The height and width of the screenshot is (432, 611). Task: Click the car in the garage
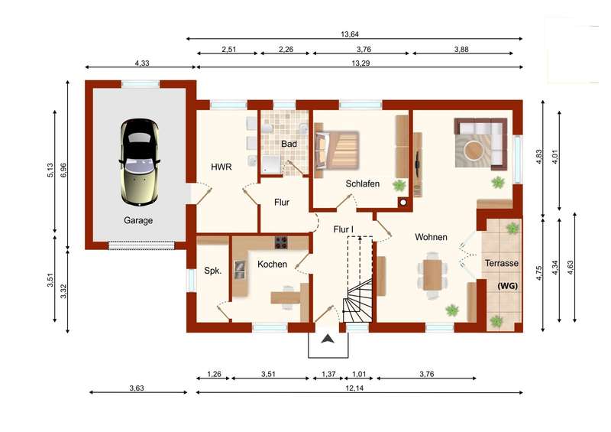click(x=140, y=162)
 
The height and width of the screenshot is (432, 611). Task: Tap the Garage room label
click(x=138, y=220)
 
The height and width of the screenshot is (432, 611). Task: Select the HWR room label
click(x=221, y=167)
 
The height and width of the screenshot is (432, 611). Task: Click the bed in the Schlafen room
click(x=337, y=150)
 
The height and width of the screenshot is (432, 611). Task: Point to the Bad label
click(x=289, y=144)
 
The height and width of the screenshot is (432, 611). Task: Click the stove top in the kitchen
click(x=281, y=242)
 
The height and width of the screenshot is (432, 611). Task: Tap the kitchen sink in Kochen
click(x=240, y=270)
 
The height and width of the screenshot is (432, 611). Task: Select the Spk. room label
click(x=213, y=271)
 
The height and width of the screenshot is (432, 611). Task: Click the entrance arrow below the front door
click(x=328, y=339)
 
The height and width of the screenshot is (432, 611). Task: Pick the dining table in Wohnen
click(x=432, y=275)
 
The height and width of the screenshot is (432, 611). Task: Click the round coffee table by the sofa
click(x=474, y=150)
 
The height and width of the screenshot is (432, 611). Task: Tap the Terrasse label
click(x=502, y=263)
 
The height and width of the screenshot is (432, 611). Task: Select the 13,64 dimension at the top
click(x=350, y=34)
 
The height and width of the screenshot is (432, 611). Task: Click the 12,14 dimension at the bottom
click(x=354, y=388)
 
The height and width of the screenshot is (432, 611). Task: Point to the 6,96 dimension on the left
click(x=63, y=171)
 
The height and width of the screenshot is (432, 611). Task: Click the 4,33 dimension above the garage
click(x=142, y=63)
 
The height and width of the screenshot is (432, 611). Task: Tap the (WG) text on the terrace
click(x=507, y=286)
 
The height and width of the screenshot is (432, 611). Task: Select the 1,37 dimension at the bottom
click(x=328, y=374)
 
